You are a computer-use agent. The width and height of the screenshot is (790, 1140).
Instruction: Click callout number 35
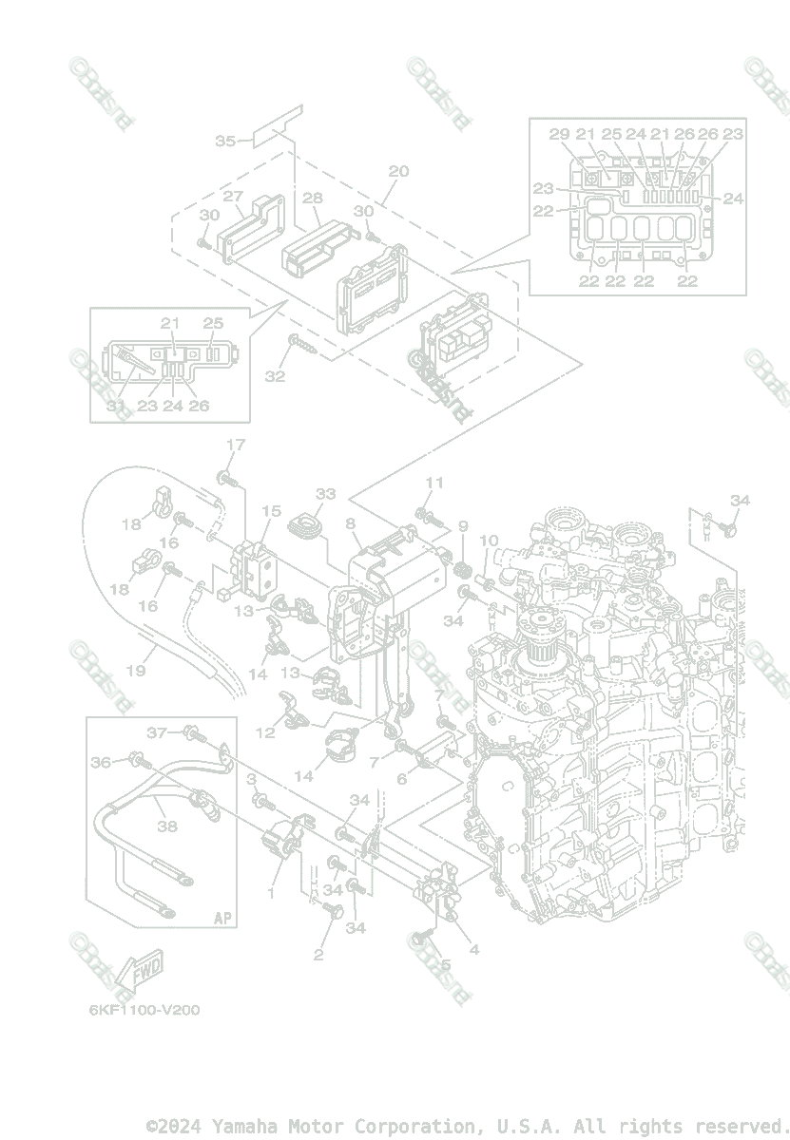tap(225, 141)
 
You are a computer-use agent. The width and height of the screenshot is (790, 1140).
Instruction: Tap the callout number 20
tap(398, 171)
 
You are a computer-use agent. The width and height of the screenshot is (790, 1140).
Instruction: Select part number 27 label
tap(233, 197)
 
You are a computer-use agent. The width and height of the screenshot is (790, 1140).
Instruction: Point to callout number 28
tap(312, 198)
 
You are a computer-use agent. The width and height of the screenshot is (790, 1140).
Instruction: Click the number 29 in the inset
tap(560, 134)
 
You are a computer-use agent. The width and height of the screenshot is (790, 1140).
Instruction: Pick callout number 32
tap(275, 376)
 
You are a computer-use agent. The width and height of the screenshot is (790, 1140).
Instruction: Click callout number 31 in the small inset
tap(116, 406)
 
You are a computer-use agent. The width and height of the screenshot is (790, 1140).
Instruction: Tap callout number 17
tap(235, 445)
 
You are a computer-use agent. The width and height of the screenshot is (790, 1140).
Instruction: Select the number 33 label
tap(326, 494)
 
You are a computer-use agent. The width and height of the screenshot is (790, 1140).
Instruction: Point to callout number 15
tap(271, 511)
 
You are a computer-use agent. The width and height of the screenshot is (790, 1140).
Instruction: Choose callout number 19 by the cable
tap(136, 671)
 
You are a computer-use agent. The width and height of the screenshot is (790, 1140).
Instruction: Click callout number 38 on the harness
tap(167, 826)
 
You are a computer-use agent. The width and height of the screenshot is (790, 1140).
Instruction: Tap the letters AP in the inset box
tap(222, 918)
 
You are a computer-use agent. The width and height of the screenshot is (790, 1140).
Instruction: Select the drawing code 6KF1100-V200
tap(145, 1010)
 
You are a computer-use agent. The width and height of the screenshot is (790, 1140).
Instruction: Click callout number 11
tap(434, 483)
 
